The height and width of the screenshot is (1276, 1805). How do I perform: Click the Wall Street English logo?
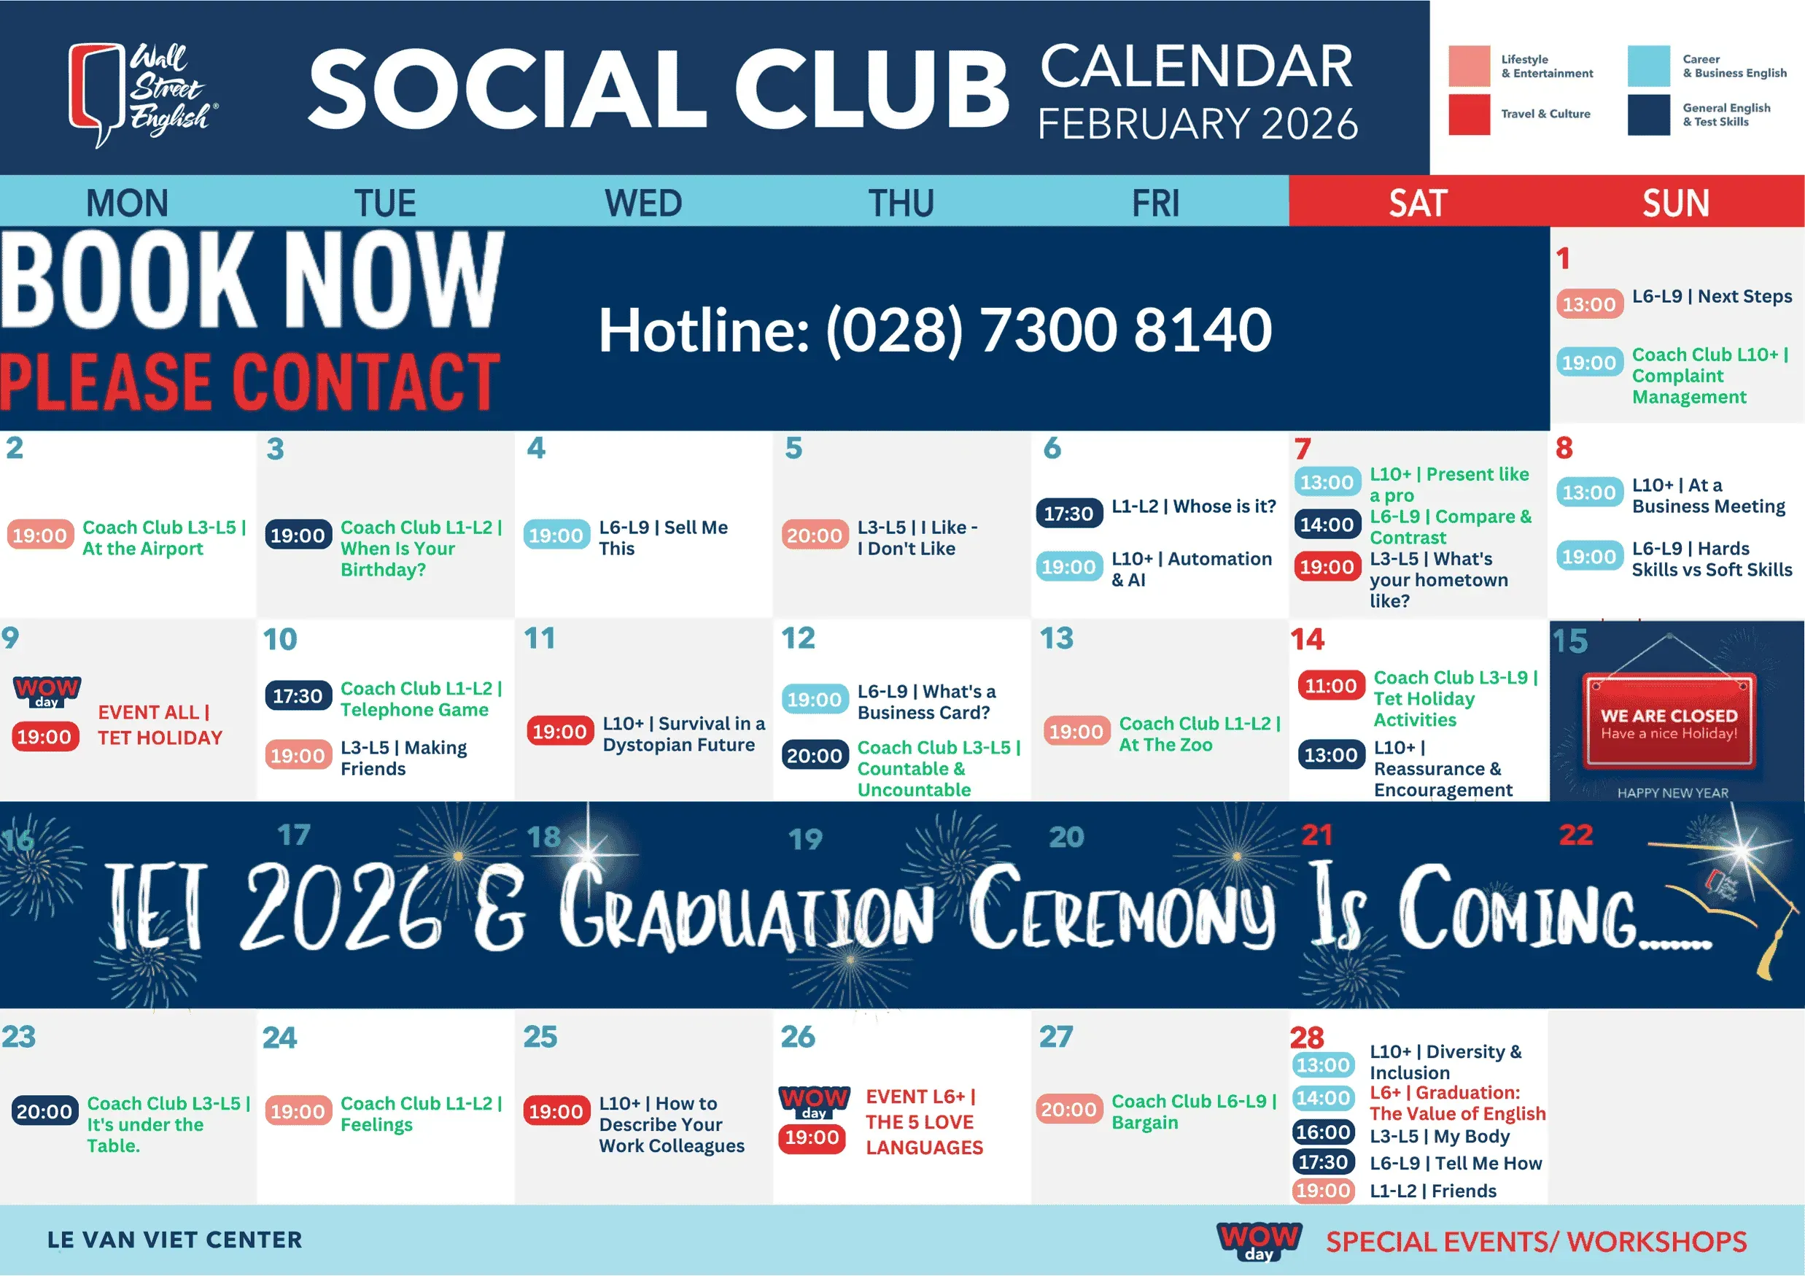[143, 94]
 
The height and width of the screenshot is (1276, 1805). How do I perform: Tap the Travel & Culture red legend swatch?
[1469, 115]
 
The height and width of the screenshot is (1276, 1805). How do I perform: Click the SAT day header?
[1418, 203]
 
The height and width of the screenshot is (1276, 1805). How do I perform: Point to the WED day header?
[643, 203]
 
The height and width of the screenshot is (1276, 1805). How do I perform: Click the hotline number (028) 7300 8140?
[1048, 330]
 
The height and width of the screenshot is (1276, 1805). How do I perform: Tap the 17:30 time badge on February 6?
[1068, 514]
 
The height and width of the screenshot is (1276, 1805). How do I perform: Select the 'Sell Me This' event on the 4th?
[664, 538]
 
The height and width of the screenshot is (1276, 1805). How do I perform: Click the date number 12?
[798, 638]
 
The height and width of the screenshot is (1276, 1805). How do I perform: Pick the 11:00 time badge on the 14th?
[1330, 686]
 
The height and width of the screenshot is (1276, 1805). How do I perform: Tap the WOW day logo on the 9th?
[47, 691]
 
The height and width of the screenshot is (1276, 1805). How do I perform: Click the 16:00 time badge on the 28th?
[1323, 1132]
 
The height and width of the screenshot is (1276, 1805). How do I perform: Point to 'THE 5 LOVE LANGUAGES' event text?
[924, 1134]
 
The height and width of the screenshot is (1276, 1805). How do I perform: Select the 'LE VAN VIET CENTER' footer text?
[174, 1240]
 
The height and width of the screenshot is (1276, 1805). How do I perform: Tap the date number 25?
[540, 1037]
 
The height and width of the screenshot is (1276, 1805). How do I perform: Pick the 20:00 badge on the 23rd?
[44, 1111]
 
